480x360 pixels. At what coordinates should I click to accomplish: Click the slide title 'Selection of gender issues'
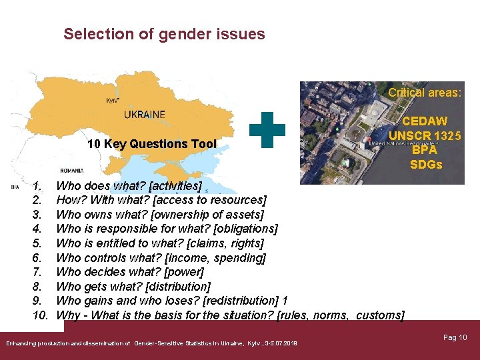click(164, 34)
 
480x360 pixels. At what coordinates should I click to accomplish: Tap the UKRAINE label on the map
click(145, 114)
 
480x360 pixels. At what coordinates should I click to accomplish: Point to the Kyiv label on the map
click(113, 100)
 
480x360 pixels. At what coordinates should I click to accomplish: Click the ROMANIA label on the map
click(71, 170)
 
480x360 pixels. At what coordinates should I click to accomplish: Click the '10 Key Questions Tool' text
click(152, 144)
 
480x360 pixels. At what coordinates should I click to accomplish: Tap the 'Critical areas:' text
click(425, 93)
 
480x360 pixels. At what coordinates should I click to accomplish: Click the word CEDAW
click(425, 122)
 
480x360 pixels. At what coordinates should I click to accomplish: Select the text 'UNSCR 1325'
click(425, 136)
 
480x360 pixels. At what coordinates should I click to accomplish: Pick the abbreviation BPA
click(425, 150)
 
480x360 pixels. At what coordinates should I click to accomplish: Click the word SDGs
click(425, 165)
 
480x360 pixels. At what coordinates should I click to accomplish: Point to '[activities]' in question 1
click(171, 186)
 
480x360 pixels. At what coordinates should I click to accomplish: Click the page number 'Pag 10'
click(455, 338)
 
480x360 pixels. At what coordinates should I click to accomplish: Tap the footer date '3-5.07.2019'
click(281, 343)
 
